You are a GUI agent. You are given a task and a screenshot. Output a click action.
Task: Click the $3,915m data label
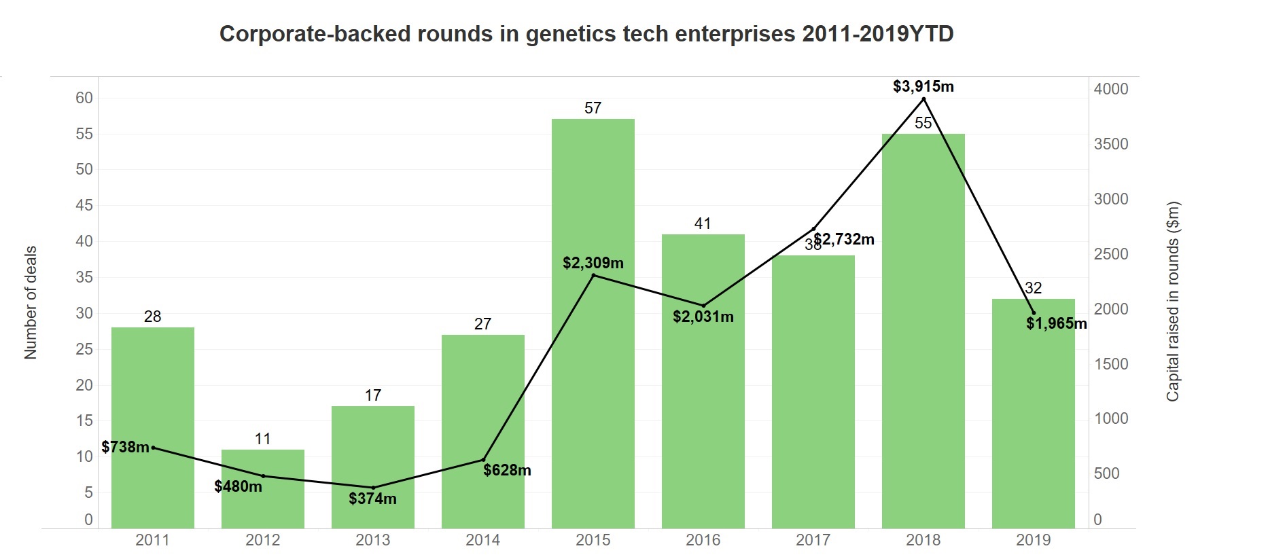923,86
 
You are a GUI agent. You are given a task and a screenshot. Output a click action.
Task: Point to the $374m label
372,499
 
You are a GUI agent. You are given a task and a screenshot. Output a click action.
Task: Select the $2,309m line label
593,263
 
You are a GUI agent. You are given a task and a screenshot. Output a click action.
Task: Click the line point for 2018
923,99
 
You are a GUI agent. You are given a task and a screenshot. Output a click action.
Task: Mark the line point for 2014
483,459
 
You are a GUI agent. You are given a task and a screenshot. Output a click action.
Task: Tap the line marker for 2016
703,306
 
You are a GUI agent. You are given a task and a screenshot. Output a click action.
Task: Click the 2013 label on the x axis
372,540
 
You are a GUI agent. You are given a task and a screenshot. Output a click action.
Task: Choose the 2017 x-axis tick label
813,540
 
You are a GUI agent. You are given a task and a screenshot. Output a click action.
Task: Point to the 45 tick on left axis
84,205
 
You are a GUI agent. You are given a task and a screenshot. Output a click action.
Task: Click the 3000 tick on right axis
1110,199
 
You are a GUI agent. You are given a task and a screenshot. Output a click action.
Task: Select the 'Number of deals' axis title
31,302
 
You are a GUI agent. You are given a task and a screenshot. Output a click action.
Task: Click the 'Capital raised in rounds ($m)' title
1173,301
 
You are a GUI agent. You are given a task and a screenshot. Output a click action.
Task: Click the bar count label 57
593,108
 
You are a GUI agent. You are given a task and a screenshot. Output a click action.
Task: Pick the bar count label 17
372,395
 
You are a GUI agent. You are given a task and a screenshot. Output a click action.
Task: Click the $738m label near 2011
125,447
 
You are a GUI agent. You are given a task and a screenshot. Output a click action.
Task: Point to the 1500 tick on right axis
1110,364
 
